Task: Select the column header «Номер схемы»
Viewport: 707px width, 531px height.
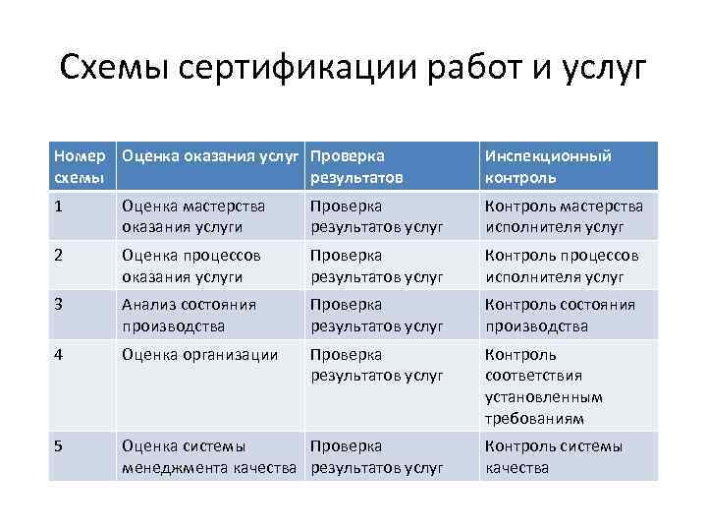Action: [x=82, y=167]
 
